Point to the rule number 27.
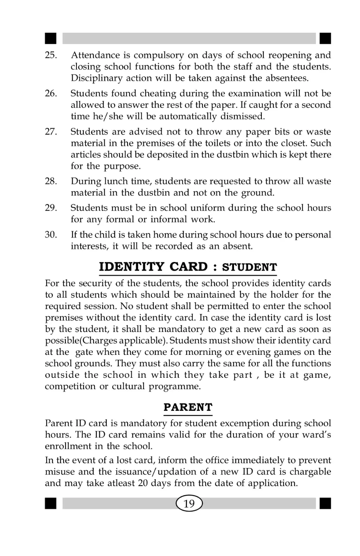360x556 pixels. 50,132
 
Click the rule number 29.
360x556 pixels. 50,208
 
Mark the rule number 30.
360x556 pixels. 50,237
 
